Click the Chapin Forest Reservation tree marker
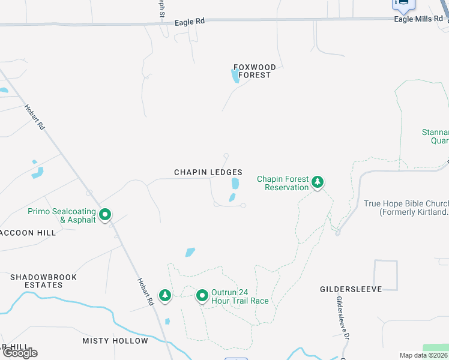click(317, 182)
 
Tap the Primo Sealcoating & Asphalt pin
click(105, 214)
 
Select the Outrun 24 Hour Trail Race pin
click(202, 295)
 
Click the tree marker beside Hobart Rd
click(164, 295)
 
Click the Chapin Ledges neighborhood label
click(208, 172)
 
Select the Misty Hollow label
click(115, 341)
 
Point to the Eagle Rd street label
click(190, 21)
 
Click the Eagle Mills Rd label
click(418, 19)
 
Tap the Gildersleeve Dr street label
click(342, 318)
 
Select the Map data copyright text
click(424, 355)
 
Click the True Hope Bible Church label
click(406, 208)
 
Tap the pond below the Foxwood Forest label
click(234, 76)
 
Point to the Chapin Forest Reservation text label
click(283, 183)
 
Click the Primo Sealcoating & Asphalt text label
click(62, 215)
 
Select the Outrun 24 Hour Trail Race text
click(240, 296)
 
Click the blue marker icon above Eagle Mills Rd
click(403, 5)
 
